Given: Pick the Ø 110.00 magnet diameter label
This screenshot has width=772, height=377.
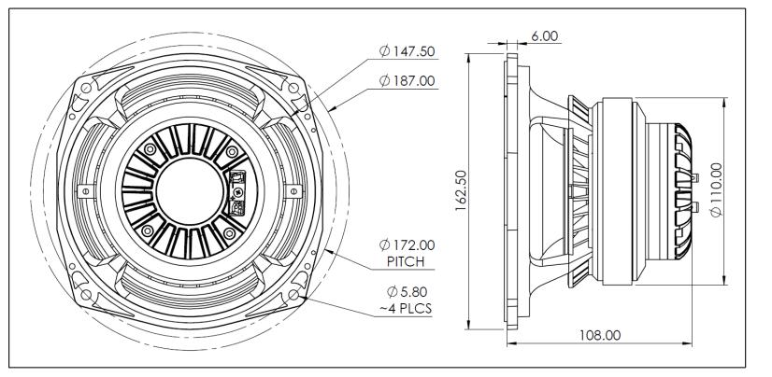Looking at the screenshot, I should [718, 191].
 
